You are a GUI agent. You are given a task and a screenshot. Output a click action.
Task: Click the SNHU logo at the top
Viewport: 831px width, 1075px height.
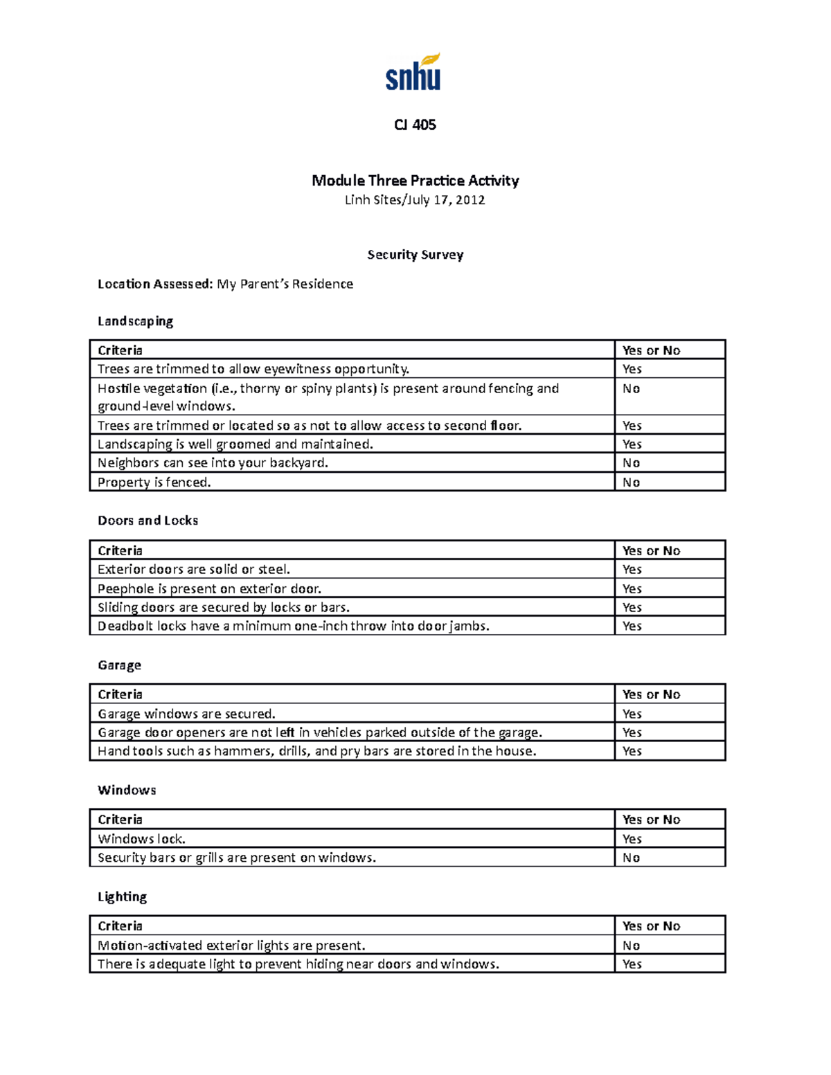(413, 73)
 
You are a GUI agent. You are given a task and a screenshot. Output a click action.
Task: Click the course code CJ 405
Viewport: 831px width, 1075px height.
(415, 125)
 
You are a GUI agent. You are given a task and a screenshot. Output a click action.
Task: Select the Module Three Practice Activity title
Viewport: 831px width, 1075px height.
(415, 181)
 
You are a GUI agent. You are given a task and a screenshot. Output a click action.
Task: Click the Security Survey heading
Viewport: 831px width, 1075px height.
(415, 255)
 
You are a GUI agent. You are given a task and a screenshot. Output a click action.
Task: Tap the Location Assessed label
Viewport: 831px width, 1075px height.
(154, 284)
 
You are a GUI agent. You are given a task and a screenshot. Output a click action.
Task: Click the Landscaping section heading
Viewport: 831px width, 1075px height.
(135, 321)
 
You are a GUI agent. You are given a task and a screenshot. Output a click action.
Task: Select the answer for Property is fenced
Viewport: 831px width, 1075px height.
(631, 482)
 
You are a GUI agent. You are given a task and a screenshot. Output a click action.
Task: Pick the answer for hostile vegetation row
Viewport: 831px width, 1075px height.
(631, 389)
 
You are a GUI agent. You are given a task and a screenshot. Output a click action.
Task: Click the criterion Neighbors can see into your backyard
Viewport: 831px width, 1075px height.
(213, 463)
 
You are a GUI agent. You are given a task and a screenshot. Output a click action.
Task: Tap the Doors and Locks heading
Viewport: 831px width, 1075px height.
(148, 521)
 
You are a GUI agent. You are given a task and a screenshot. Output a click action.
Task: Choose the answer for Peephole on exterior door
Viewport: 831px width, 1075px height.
(632, 589)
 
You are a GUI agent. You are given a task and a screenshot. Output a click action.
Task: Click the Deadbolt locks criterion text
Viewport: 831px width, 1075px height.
(293, 626)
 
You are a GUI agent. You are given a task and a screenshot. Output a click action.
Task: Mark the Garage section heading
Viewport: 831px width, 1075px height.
(119, 665)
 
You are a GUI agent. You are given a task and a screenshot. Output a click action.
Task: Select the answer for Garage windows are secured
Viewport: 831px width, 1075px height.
(632, 714)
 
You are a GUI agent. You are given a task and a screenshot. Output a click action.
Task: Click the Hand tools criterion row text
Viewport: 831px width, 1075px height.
(316, 751)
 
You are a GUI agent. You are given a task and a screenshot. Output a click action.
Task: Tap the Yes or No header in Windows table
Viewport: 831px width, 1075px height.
(651, 820)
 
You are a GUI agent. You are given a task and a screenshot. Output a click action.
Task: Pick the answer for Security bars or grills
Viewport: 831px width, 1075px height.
(631, 858)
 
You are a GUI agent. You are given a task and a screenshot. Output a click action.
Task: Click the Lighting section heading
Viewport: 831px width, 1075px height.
(122, 897)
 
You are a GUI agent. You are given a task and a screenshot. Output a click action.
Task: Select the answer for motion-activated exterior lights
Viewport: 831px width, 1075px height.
(631, 946)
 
